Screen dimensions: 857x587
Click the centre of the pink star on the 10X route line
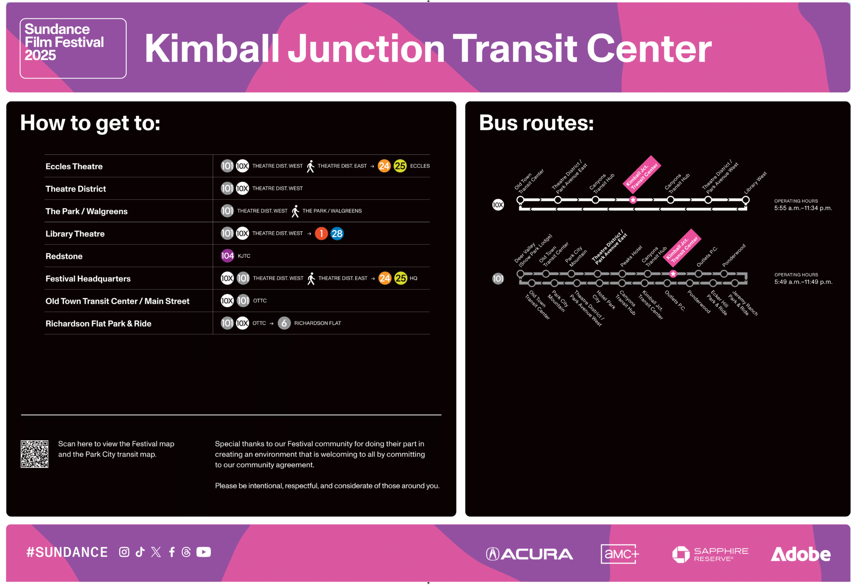[633, 200]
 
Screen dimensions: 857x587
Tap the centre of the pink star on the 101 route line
[673, 274]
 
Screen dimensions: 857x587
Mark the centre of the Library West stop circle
[746, 200]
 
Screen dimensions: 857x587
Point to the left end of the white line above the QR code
[21, 415]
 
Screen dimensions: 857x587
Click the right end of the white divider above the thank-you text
[441, 415]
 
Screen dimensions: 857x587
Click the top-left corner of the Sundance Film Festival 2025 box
[20, 18]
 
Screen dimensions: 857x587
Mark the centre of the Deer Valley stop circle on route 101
[520, 274]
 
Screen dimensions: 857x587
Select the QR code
[34, 454]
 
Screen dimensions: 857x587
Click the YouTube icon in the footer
[204, 552]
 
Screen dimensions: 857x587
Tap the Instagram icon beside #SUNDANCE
[124, 552]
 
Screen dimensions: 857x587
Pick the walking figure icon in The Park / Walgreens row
[295, 211]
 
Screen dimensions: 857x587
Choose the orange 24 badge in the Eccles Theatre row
[384, 166]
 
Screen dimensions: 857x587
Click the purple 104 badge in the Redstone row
[227, 256]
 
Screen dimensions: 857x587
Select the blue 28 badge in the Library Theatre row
[337, 233]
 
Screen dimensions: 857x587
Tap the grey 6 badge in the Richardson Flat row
[284, 323]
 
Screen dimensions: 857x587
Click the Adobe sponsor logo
[801, 554]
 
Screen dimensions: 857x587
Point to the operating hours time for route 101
[803, 282]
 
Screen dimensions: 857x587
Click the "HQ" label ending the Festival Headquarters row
[413, 278]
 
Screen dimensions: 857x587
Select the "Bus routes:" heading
[536, 123]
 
